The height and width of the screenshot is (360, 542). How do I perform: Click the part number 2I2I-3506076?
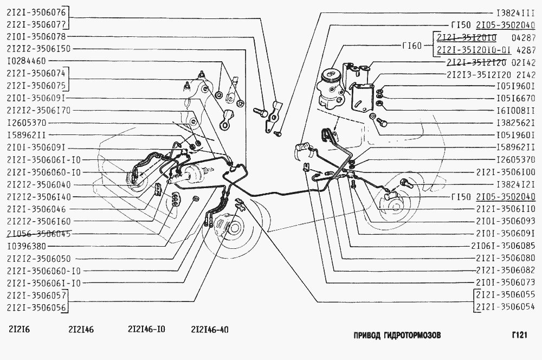[36, 11]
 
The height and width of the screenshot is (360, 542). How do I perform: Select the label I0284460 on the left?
[27, 61]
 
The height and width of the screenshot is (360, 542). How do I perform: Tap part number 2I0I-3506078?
[36, 36]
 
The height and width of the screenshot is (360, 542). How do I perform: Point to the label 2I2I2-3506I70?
[39, 110]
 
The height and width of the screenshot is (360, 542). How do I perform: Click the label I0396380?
[27, 246]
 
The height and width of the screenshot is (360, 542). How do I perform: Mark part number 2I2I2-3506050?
[39, 259]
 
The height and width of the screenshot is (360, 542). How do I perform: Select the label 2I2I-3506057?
[36, 295]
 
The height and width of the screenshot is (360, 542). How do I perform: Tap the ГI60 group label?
[412, 45]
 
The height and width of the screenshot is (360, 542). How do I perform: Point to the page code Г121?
[519, 335]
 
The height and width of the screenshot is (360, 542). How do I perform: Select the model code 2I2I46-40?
[210, 329]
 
